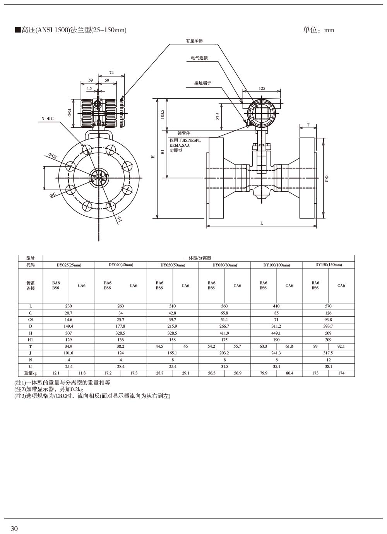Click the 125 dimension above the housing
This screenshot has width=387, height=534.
(x=262, y=88)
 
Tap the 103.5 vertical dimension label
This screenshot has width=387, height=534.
(x=163, y=114)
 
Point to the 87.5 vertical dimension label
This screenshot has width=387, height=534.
(x=218, y=116)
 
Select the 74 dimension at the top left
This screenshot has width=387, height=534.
(x=111, y=72)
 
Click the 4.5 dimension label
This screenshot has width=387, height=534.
(x=89, y=88)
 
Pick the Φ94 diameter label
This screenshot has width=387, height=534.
(x=70, y=112)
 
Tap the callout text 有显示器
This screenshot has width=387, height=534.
(x=194, y=41)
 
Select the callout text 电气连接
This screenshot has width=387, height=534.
(x=199, y=58)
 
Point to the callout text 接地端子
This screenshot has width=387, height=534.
(x=202, y=83)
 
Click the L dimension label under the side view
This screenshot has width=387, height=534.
(x=262, y=223)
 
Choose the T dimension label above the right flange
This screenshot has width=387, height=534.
(x=308, y=125)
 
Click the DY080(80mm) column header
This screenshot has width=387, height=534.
(x=224, y=265)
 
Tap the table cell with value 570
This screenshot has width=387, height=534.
(x=328, y=306)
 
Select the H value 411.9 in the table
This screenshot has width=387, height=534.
(x=224, y=333)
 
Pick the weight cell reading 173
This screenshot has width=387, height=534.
(x=315, y=373)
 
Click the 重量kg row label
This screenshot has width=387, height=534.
(x=30, y=373)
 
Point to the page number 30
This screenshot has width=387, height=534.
(x=14, y=529)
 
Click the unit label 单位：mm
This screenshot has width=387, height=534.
(x=319, y=30)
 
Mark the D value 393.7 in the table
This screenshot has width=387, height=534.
(x=328, y=326)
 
